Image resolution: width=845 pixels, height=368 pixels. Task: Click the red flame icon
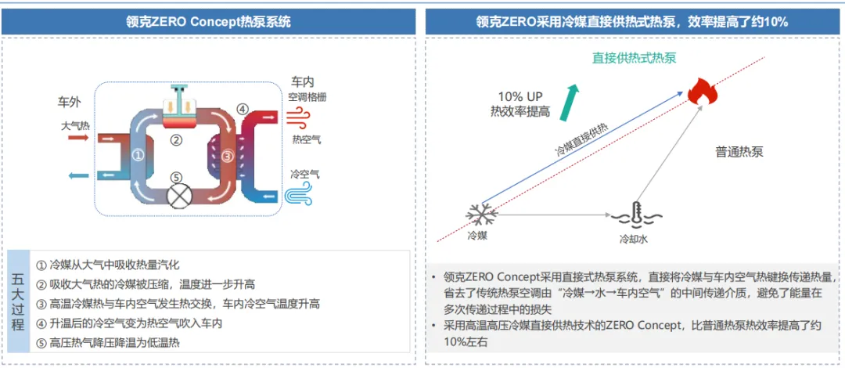click(703, 91)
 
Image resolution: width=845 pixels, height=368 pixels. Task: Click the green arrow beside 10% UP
click(568, 102)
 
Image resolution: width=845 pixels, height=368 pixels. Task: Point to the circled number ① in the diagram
click(138, 155)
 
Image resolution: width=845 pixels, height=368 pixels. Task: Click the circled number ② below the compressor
click(176, 140)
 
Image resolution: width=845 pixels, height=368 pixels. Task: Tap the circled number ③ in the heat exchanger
click(228, 157)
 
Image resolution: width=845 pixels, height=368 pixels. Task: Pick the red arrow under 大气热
click(78, 138)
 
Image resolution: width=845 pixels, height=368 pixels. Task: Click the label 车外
click(69, 102)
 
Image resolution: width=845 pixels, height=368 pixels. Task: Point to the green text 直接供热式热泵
click(635, 58)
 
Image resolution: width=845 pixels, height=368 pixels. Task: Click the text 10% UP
click(520, 97)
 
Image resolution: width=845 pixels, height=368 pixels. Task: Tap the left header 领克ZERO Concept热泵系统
click(209, 22)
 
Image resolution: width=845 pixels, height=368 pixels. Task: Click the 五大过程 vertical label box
click(18, 302)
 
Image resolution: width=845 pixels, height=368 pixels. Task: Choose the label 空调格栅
click(307, 97)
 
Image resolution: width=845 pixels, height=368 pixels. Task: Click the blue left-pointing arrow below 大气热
click(79, 175)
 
